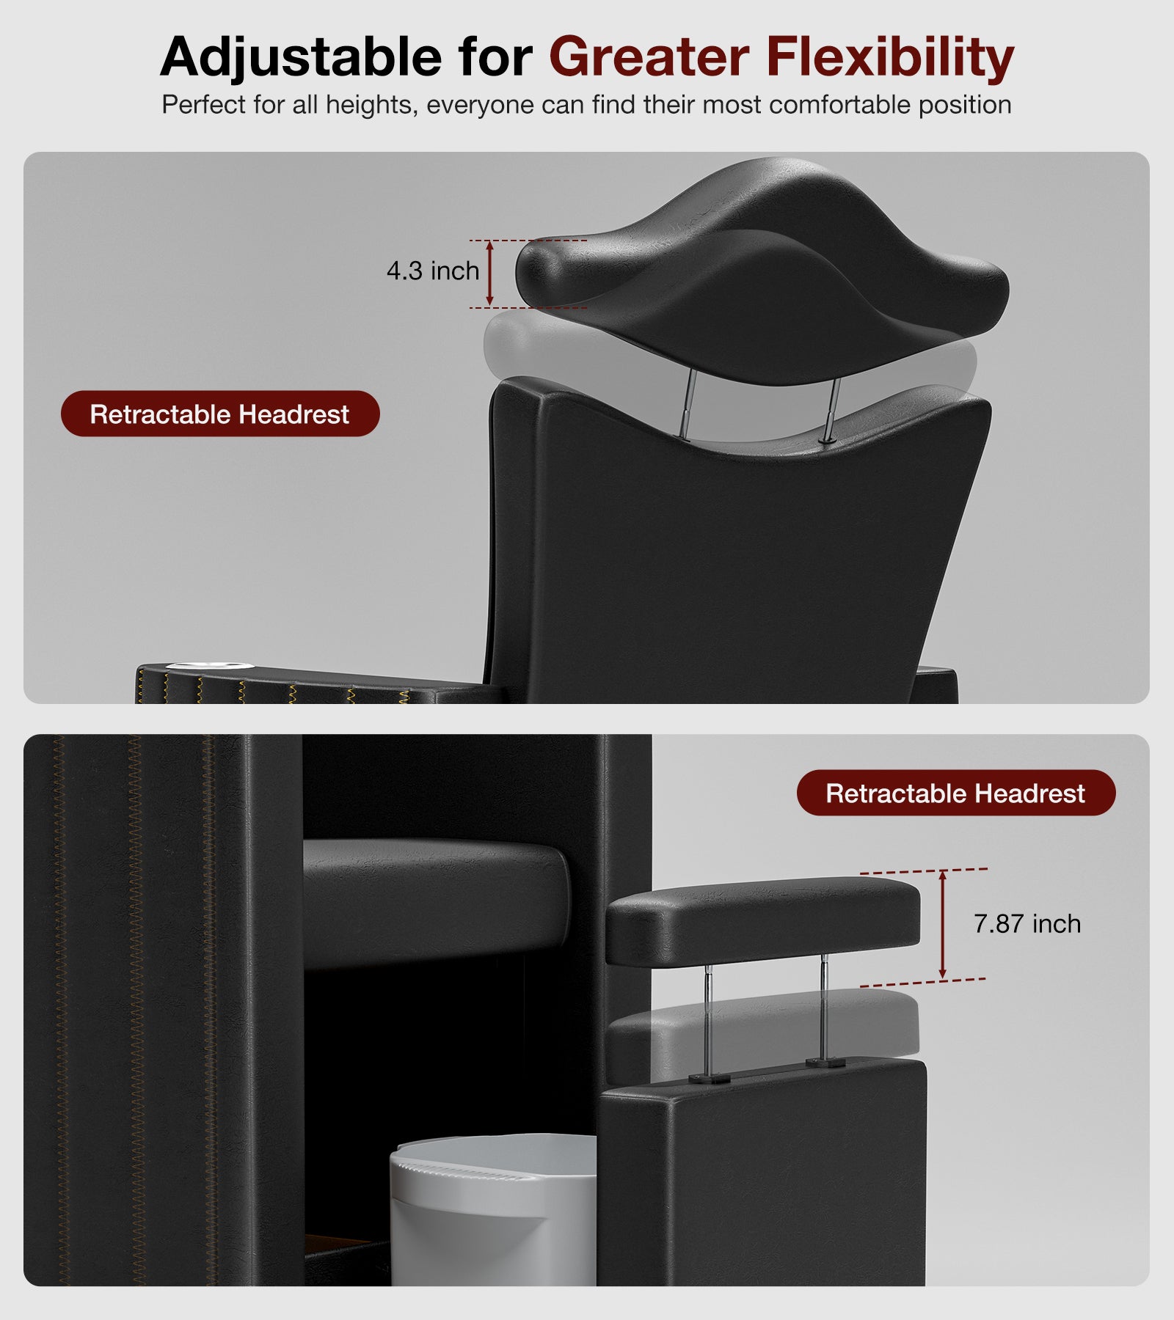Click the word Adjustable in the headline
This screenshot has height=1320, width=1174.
(301, 56)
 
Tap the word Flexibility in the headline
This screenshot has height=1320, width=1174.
(890, 57)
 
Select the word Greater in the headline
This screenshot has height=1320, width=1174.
(649, 56)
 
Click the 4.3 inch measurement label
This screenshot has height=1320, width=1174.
(433, 271)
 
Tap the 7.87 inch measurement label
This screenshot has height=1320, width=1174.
(1027, 923)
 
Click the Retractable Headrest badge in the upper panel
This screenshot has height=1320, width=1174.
(220, 414)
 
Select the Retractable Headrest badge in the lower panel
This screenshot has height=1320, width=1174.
(956, 793)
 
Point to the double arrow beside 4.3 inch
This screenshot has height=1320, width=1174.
(490, 274)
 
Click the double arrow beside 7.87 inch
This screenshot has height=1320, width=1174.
(943, 925)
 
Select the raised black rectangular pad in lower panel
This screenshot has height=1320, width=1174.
(763, 920)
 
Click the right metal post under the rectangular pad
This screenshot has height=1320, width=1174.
(824, 1008)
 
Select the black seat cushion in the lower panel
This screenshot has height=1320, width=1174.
(437, 902)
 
